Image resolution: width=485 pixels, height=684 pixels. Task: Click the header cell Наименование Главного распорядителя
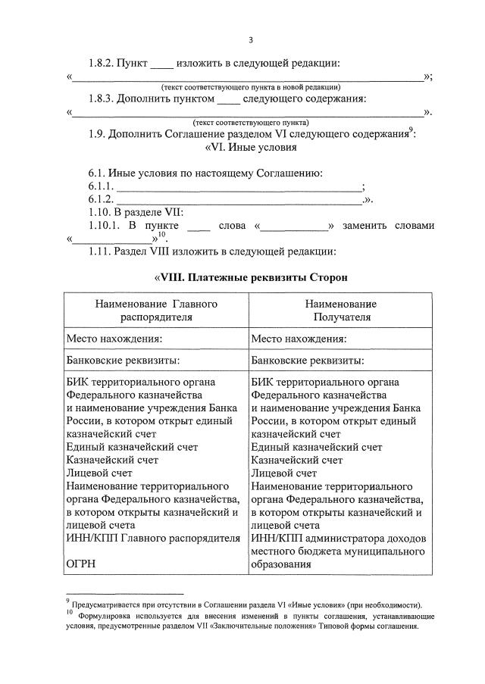pos(156,310)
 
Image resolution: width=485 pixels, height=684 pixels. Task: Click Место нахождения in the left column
pos(114,339)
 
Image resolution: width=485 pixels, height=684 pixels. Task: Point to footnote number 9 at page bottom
pos(67,602)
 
